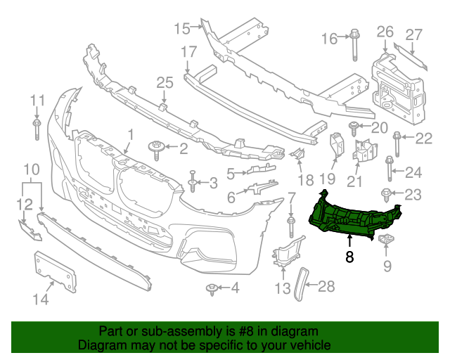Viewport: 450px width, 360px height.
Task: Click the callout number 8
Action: (350, 257)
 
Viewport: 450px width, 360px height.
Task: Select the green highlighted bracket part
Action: (352, 214)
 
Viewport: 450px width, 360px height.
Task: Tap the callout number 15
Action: (182, 29)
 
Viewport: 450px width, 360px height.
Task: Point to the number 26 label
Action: (385, 31)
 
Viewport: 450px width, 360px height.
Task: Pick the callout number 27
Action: (413, 34)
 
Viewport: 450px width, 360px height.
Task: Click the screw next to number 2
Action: (155, 148)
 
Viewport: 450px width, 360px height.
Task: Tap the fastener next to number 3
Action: (192, 183)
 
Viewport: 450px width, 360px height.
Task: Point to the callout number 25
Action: (164, 83)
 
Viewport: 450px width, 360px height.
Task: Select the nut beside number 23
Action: (387, 193)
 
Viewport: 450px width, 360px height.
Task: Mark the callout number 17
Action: (188, 51)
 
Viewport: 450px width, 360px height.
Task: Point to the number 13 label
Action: (282, 288)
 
